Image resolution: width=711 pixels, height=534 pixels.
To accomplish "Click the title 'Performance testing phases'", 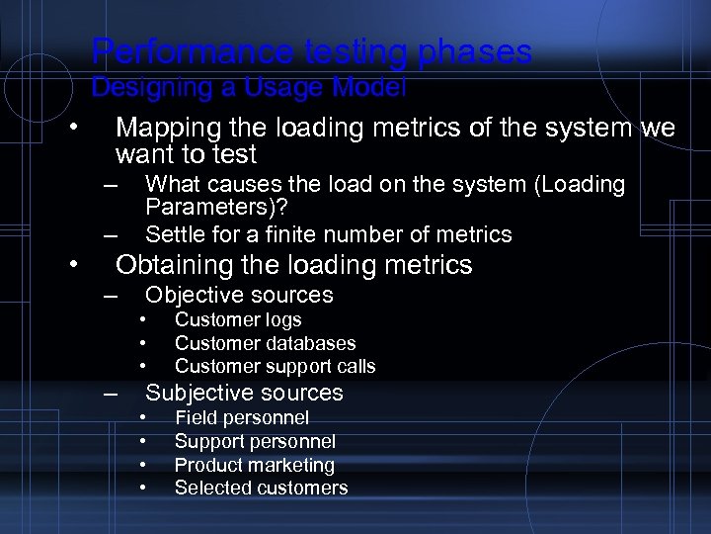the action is (x=311, y=51).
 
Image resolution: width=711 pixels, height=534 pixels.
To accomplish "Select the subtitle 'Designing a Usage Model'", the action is (x=248, y=88).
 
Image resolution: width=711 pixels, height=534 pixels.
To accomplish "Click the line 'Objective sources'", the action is (x=239, y=295).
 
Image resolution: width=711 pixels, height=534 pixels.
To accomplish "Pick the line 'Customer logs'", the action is (x=238, y=319).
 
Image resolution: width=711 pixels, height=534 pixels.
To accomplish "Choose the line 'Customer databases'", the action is (x=265, y=343).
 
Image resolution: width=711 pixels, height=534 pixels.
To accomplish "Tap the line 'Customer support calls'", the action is (x=275, y=366).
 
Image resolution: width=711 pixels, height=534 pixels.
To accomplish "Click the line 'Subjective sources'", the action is (x=244, y=393).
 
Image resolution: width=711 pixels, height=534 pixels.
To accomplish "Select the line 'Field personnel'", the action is (x=241, y=417).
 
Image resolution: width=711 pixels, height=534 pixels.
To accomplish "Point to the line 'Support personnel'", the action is (x=255, y=441).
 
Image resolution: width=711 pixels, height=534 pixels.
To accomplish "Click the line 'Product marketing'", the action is (x=254, y=465).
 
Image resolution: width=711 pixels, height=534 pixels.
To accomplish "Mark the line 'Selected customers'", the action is (x=261, y=488).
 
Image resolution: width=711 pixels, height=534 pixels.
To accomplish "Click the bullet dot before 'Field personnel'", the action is (x=143, y=416).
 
